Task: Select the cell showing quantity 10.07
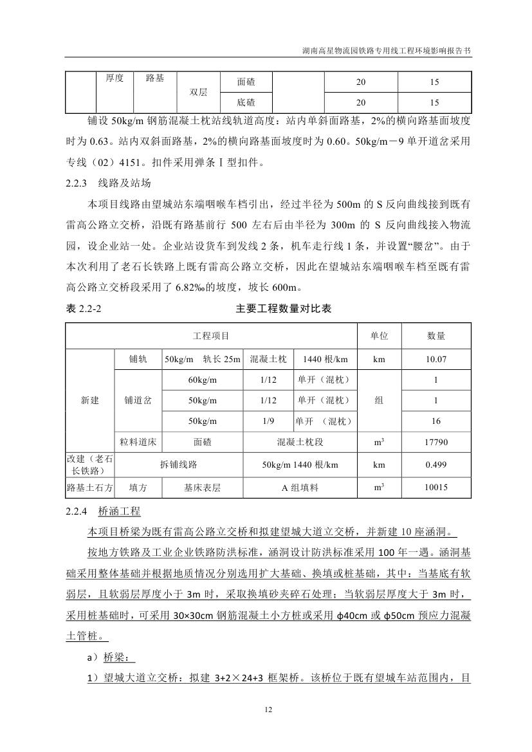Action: tap(436, 359)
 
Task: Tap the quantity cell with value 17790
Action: tap(436, 442)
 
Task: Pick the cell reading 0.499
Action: tap(436, 464)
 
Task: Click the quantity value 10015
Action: tap(436, 488)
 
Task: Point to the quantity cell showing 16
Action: tap(436, 421)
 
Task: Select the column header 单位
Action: tap(379, 336)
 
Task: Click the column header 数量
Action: tap(436, 336)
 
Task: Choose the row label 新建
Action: tap(90, 400)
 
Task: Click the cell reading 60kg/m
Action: tap(203, 380)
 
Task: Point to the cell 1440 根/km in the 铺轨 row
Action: tap(325, 359)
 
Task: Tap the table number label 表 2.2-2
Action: tap(84, 309)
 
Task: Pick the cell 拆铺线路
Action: tap(178, 464)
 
